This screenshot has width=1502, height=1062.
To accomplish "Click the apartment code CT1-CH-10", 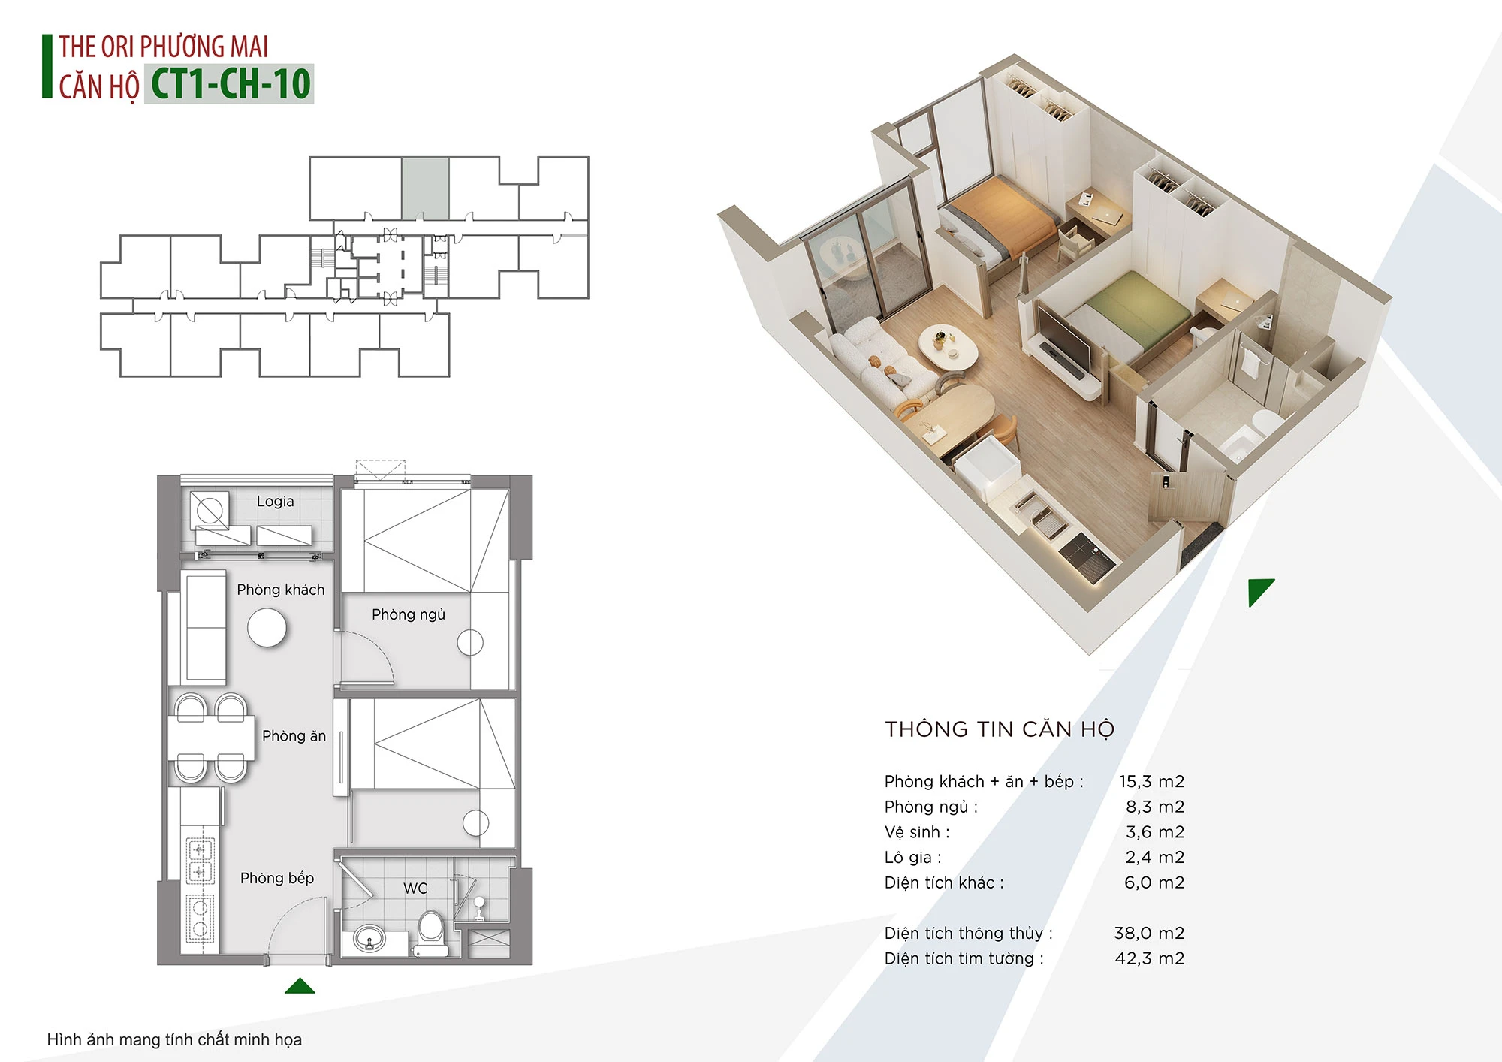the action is [x=231, y=83].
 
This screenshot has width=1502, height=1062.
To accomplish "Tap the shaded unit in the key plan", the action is [x=425, y=188].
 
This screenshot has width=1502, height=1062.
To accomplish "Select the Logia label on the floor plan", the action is [x=275, y=502].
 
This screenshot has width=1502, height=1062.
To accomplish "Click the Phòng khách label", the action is [x=281, y=590].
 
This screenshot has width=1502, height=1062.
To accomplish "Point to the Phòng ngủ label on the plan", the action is [x=409, y=615].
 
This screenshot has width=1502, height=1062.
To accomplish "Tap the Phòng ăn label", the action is [x=294, y=736].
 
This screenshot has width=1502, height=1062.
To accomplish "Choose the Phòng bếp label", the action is [x=277, y=878].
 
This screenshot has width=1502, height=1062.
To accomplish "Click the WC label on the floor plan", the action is [x=415, y=889].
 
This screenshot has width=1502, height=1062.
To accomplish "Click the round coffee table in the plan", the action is [x=267, y=627].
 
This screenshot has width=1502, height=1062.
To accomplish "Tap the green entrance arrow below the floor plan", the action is [x=300, y=985].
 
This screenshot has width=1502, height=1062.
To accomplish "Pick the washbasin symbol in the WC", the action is [x=369, y=940].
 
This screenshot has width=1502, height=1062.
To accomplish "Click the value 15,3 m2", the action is [x=1151, y=781].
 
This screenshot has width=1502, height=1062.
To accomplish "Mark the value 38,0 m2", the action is [x=1149, y=933].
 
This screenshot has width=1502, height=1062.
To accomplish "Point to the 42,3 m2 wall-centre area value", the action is [x=1149, y=958].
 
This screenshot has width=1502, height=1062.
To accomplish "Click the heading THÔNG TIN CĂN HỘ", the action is [x=1000, y=729].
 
